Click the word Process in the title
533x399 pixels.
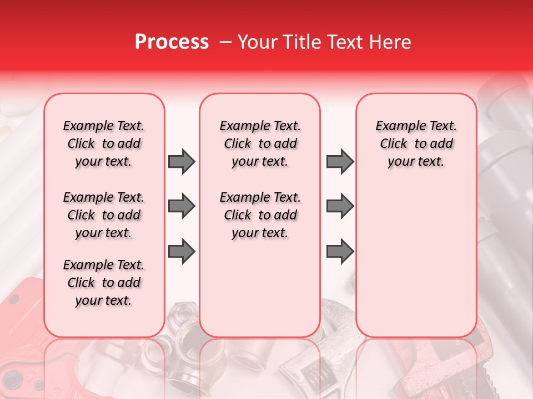click(172, 42)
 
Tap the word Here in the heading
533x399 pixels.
click(391, 42)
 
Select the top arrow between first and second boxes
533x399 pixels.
click(182, 161)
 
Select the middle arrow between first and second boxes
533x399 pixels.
click(182, 206)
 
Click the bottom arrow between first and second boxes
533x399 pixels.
click(182, 252)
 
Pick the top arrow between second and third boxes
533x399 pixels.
click(340, 161)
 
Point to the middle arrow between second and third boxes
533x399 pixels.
click(340, 206)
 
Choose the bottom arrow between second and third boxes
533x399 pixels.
click(340, 252)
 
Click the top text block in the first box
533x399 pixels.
click(104, 144)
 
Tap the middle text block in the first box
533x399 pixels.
click(104, 215)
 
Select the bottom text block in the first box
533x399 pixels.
click(104, 283)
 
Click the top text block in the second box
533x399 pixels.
click(260, 144)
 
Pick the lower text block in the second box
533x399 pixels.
click(260, 215)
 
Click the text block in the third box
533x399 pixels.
click(416, 144)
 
